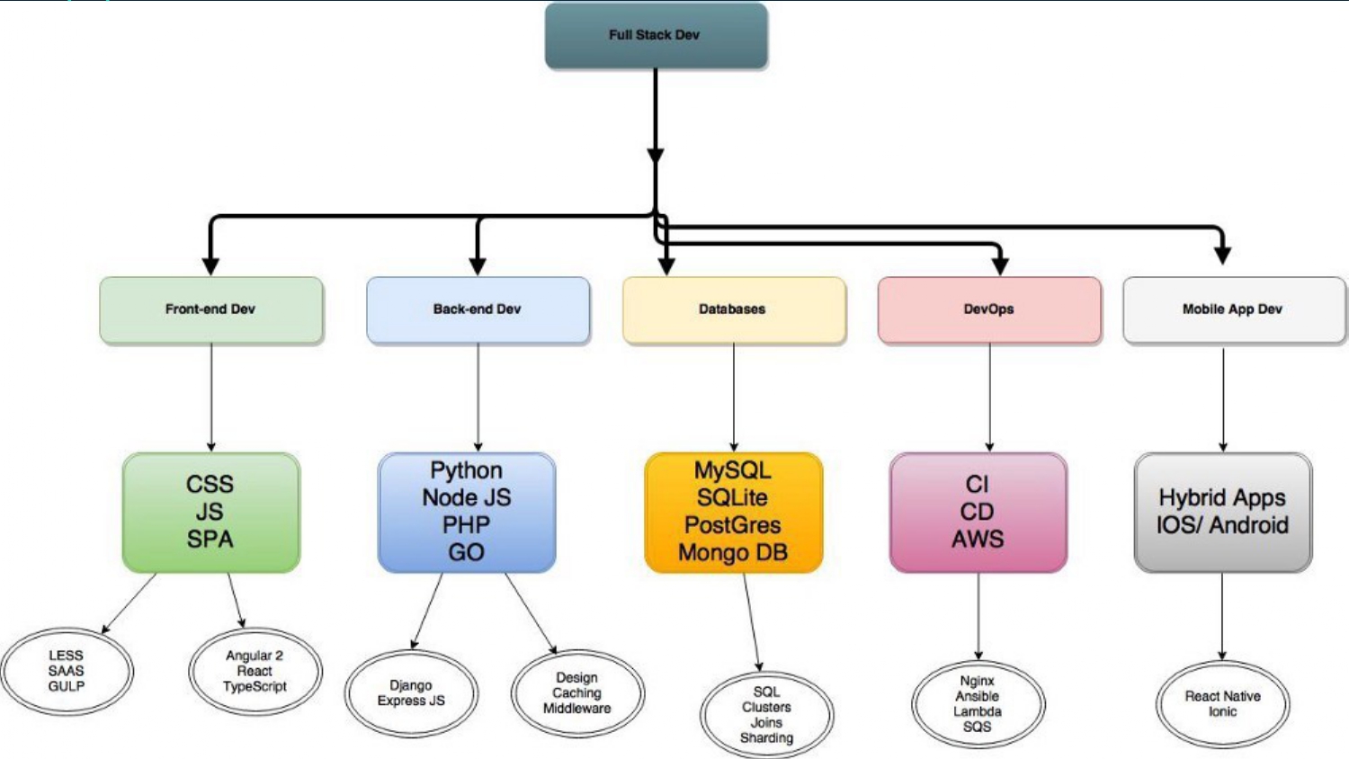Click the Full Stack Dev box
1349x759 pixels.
click(656, 35)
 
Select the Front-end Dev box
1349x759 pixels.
click(210, 309)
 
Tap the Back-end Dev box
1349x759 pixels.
click(478, 309)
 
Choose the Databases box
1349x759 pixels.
click(733, 309)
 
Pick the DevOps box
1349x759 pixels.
click(988, 309)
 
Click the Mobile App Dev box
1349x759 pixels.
click(1233, 309)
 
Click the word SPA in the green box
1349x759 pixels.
click(210, 540)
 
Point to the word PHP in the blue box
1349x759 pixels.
click(466, 525)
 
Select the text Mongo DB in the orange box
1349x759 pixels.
click(733, 553)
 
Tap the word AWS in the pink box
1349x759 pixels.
click(978, 540)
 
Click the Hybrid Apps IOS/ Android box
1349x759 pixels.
click(1222, 512)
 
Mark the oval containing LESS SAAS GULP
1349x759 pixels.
click(67, 671)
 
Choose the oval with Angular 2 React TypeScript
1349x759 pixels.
click(255, 671)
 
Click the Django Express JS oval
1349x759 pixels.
click(411, 693)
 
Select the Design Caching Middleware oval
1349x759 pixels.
click(577, 693)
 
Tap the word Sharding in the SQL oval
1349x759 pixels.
click(766, 738)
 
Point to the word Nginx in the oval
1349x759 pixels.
click(978, 681)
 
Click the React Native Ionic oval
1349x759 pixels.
click(1222, 704)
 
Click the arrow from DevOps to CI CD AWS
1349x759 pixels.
click(989, 396)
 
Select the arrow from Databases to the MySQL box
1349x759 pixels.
click(734, 396)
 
